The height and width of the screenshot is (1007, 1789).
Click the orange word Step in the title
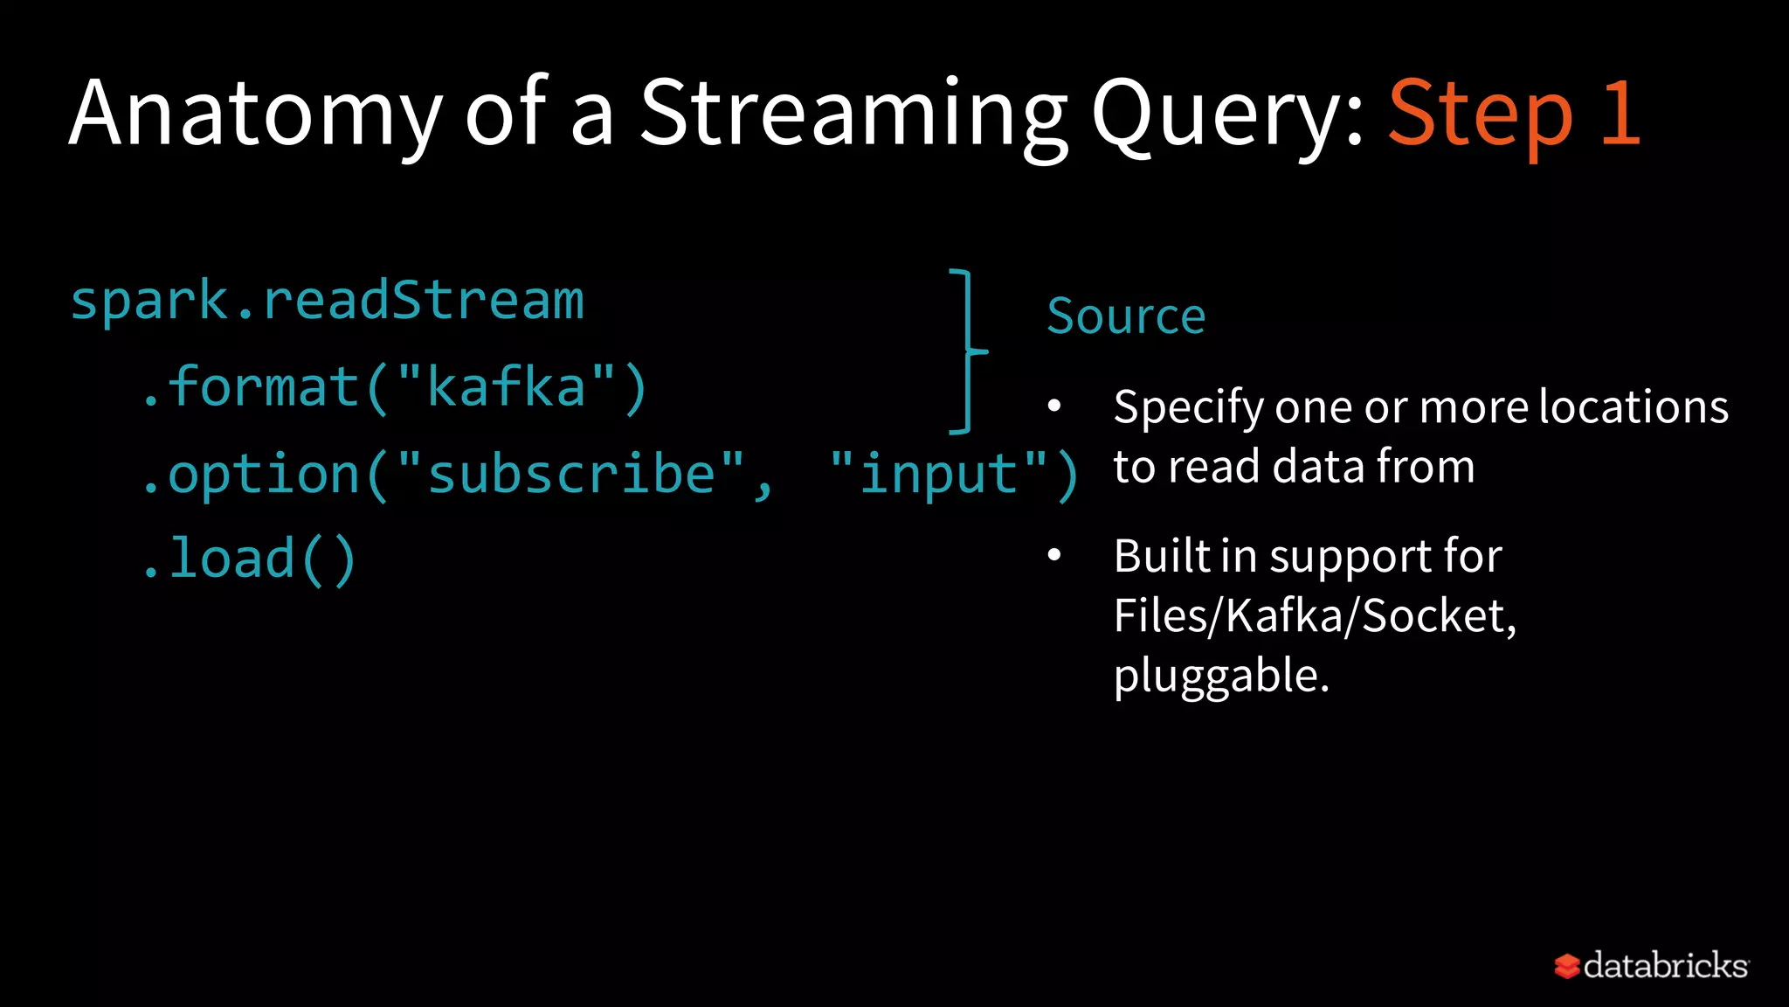(1480, 114)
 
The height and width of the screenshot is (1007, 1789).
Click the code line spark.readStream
(327, 302)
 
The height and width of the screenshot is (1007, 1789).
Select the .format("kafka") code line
(393, 387)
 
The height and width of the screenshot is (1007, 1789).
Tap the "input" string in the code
(938, 475)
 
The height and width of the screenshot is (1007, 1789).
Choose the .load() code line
(249, 559)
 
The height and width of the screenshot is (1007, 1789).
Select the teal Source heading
(1125, 316)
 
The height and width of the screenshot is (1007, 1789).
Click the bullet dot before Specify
(1054, 406)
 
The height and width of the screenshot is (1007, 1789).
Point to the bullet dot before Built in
(1054, 555)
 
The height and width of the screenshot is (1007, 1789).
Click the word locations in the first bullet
(1633, 407)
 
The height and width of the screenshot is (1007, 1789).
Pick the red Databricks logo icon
(1566, 966)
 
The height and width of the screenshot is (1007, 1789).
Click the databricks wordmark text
(1665, 966)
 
